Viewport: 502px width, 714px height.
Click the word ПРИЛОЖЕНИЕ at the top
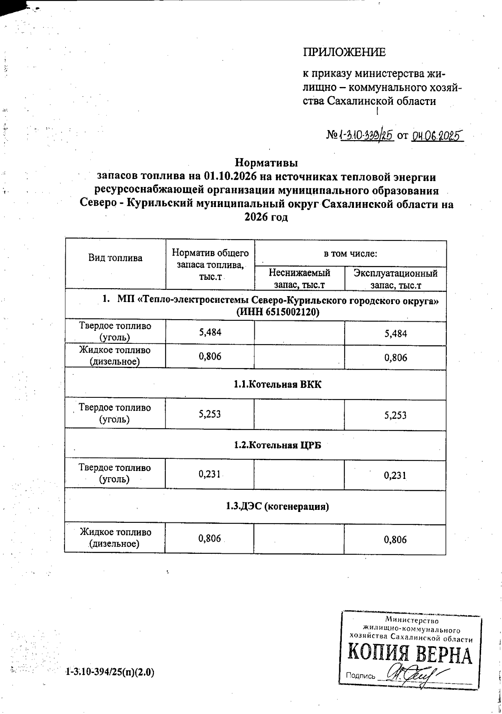coord(344,52)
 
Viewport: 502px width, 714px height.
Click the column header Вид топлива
coord(115,258)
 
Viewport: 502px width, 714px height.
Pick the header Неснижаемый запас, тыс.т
coord(299,279)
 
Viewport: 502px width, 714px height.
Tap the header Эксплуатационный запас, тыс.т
coord(395,279)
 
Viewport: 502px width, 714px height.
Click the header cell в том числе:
coord(350,253)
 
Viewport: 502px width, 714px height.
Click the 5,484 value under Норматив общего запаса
coord(210,333)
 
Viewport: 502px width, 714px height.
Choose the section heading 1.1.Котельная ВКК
coord(278,384)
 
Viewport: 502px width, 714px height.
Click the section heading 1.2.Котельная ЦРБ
coord(277,445)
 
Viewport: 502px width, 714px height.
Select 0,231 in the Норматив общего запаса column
coord(210,474)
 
